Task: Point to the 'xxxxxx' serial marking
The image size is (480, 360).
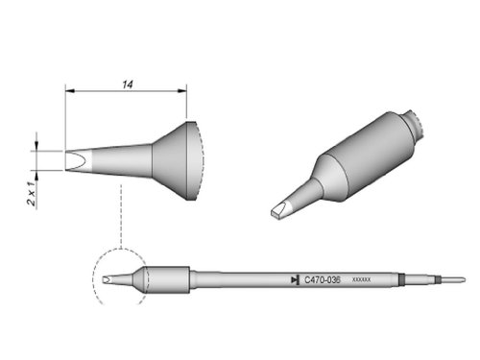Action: [x=362, y=279]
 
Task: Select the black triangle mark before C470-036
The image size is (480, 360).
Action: [x=293, y=279]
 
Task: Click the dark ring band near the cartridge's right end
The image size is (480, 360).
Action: [x=400, y=279]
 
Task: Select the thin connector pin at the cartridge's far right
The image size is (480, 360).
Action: [x=451, y=279]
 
